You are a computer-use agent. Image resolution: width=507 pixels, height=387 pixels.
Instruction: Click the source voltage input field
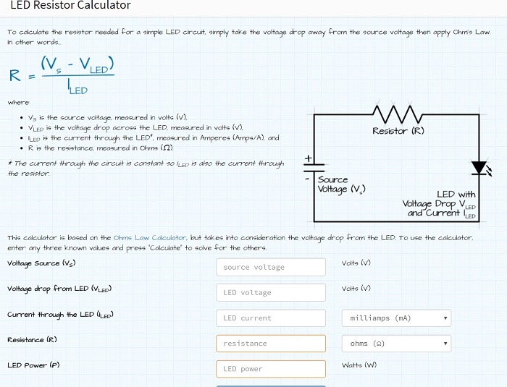[x=271, y=267]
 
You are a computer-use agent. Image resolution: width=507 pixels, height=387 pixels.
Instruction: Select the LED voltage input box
[x=271, y=293]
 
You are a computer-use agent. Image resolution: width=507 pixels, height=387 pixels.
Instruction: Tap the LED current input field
[x=271, y=318]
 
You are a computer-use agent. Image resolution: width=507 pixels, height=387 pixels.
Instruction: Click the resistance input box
[x=271, y=344]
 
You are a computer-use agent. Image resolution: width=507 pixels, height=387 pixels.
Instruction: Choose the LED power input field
[x=271, y=369]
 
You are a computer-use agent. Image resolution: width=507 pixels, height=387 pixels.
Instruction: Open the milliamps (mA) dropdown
[x=396, y=318]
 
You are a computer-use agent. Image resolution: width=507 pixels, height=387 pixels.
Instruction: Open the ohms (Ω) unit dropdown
[x=396, y=344]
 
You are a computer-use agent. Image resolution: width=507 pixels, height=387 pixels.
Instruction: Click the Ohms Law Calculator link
[x=150, y=238]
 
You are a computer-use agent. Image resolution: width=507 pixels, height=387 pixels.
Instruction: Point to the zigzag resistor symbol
[x=398, y=114]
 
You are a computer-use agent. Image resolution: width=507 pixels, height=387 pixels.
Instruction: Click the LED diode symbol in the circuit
[x=481, y=169]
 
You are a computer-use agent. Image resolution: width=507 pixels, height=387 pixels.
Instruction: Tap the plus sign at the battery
[x=308, y=158]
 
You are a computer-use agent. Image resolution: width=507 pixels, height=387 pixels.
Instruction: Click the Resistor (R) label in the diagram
[x=398, y=131]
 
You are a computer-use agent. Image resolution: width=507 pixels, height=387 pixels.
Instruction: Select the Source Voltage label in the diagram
[x=341, y=184]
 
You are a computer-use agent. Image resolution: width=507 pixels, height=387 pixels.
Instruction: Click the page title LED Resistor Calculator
[x=70, y=5]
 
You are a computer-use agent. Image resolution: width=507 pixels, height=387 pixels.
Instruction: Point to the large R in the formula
[x=15, y=75]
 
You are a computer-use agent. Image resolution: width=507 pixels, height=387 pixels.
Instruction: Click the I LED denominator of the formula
[x=77, y=86]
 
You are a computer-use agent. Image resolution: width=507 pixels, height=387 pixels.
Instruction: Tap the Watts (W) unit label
[x=359, y=365]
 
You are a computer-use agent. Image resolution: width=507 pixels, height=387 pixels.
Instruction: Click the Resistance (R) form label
[x=32, y=340]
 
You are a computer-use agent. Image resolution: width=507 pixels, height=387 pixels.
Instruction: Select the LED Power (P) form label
[x=33, y=365]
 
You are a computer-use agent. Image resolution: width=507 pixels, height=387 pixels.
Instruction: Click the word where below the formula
[x=19, y=103]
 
